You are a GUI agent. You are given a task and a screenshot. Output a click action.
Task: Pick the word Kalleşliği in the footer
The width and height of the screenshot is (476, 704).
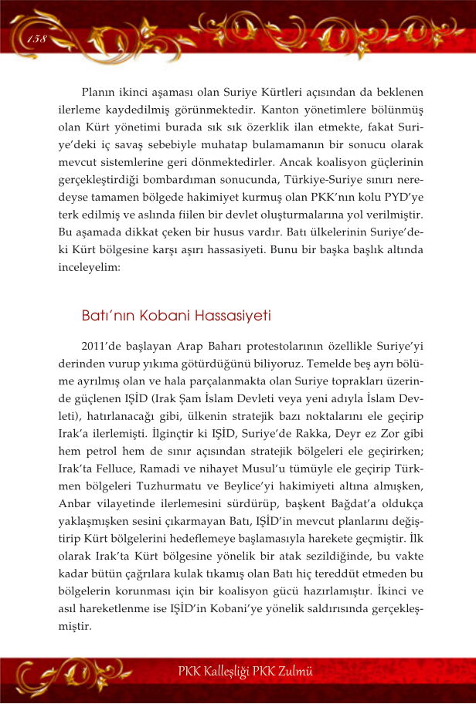[237, 672]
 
